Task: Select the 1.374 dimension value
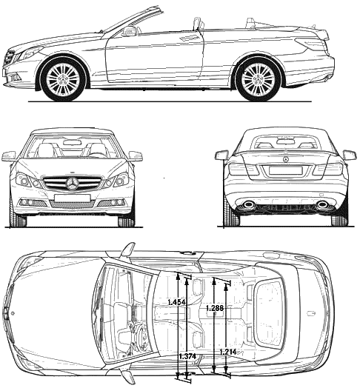(187, 356)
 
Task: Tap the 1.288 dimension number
(215, 308)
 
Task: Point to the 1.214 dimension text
(228, 352)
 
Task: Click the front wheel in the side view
(63, 78)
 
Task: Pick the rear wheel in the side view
(258, 78)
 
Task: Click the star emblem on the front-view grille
(73, 184)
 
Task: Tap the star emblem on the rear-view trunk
(286, 159)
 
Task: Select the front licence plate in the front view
(72, 198)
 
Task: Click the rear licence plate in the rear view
(285, 170)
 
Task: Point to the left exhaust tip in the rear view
(249, 204)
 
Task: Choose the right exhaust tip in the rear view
(322, 204)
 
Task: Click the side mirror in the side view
(128, 32)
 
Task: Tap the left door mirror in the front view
(9, 156)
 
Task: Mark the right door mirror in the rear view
(350, 155)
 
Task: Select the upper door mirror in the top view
(127, 250)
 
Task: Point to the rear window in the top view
(269, 312)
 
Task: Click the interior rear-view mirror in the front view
(72, 142)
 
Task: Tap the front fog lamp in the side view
(15, 77)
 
